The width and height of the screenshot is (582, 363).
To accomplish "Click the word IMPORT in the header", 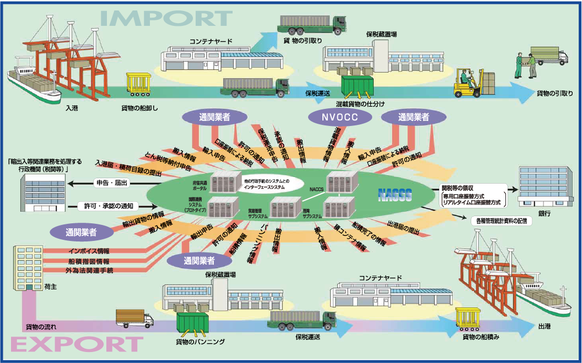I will point(165,18).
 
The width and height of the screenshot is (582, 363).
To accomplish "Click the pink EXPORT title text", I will point(77,345).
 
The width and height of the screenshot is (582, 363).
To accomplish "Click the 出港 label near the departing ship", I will point(545,326).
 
